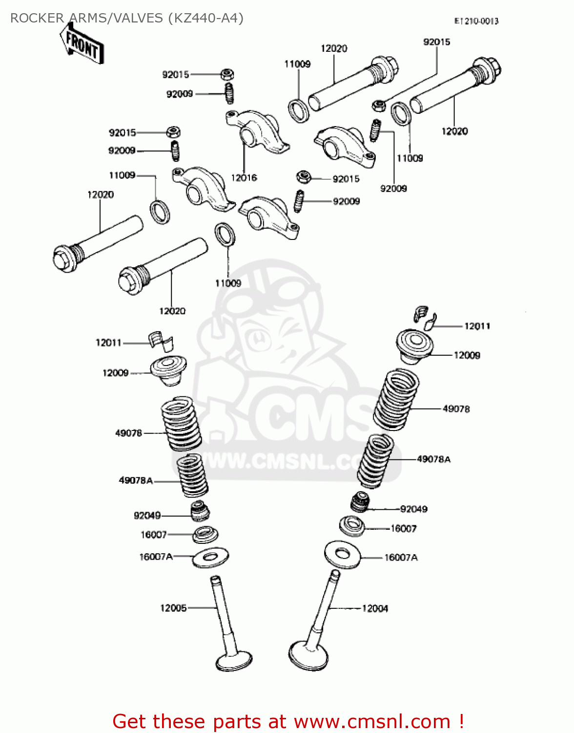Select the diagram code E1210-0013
476,21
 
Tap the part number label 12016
244,178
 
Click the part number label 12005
173,608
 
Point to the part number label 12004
375,608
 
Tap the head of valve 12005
234,661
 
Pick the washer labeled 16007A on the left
210,557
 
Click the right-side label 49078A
433,459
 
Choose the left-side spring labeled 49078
181,424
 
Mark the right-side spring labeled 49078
396,399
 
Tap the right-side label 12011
477,326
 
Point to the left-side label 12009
115,373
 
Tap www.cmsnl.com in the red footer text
372,721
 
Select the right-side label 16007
404,528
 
